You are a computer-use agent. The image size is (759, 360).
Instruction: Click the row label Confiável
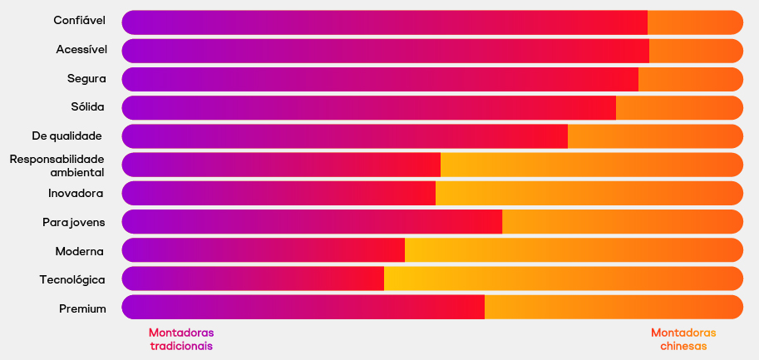(80, 20)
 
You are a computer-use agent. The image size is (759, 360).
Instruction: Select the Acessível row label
(81, 50)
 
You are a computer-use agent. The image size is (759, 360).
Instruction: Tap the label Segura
(86, 79)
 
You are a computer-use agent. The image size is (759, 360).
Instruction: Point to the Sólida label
(88, 107)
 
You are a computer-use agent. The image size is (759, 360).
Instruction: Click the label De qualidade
(67, 136)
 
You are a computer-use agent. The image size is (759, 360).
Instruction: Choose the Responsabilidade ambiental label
(57, 165)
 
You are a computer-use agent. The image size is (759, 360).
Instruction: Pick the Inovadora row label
(76, 194)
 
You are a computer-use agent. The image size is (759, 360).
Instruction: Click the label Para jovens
(74, 222)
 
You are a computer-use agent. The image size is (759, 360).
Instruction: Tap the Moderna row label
(80, 251)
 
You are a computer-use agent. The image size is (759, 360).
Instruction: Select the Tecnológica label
(72, 280)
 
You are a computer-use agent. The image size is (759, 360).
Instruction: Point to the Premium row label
(82, 309)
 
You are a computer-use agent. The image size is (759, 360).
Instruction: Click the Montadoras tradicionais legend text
(181, 338)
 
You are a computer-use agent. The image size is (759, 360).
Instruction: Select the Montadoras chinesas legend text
(683, 338)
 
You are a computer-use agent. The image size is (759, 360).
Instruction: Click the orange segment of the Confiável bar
(694, 22)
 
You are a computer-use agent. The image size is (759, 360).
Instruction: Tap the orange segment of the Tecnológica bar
(563, 279)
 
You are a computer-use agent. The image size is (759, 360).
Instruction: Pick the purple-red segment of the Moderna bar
(264, 250)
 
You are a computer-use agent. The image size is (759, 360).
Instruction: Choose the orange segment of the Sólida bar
(678, 108)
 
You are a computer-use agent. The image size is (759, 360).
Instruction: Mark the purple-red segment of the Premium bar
(303, 307)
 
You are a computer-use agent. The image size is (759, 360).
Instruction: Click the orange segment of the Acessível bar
(695, 51)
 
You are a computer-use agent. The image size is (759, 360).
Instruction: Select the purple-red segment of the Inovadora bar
(278, 193)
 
